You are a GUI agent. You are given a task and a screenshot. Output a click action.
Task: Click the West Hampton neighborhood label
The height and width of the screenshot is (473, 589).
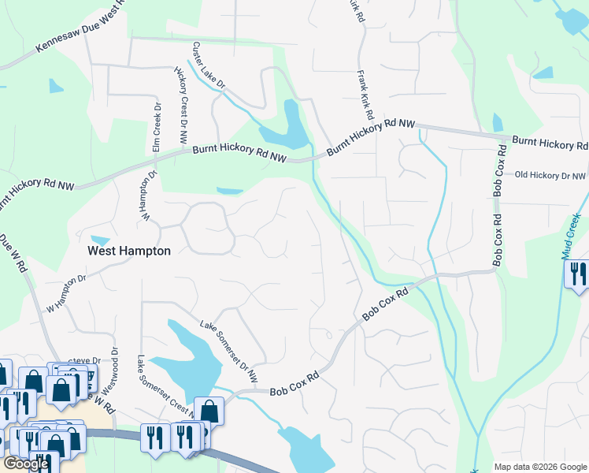128,251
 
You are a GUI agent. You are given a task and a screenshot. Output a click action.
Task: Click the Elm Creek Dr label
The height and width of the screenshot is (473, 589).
156,128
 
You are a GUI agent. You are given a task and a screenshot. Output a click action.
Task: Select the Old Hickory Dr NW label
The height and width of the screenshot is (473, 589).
551,176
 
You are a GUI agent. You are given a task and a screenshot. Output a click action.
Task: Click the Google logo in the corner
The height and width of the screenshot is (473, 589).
26,464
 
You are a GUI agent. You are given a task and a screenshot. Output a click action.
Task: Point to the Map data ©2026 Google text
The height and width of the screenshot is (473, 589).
539,467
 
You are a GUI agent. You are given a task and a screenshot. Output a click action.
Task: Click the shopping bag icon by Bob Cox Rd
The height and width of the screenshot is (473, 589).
209,410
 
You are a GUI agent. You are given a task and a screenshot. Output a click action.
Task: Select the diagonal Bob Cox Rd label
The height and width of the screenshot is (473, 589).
386,304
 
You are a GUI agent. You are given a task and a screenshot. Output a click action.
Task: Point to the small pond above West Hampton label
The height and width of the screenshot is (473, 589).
100,240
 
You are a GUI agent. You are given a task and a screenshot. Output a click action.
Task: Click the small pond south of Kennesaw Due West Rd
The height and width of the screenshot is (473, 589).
56,86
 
